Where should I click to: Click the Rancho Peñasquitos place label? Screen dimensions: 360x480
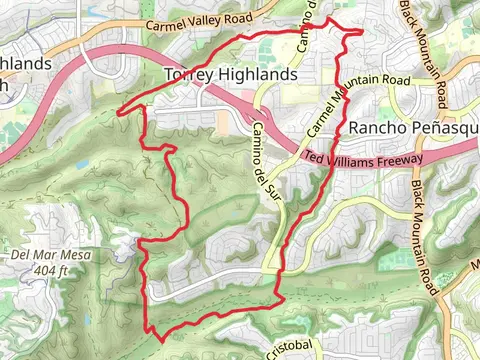tap(414, 128)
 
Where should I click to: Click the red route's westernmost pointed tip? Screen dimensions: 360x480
tap(119, 111)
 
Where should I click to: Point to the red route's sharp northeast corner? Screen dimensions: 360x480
tap(362, 31)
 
